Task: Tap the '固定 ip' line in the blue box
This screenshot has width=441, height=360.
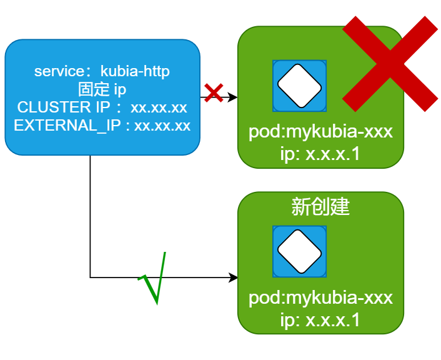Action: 102,89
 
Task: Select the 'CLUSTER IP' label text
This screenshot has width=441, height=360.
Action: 54,107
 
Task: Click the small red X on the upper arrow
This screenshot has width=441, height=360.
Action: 214,93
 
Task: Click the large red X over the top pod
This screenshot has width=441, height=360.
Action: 390,64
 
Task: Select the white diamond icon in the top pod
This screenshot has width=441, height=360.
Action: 299,86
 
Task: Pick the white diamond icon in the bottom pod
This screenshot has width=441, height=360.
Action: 299,251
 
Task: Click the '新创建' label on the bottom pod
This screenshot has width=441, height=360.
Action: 320,207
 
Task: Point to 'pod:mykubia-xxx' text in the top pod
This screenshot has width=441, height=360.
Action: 320,132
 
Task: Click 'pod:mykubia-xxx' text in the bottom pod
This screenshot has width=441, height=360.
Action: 320,297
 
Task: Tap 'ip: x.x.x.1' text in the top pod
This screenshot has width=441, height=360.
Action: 320,153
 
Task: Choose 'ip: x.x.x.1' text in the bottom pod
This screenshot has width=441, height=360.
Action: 320,319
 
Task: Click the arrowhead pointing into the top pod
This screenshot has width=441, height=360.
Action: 234,97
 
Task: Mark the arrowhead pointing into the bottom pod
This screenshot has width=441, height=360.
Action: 234,277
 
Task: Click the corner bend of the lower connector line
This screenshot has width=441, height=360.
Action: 91,277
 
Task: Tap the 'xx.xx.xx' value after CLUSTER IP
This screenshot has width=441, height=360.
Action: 159,107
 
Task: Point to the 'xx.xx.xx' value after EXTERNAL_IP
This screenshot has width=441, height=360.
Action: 162,125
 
